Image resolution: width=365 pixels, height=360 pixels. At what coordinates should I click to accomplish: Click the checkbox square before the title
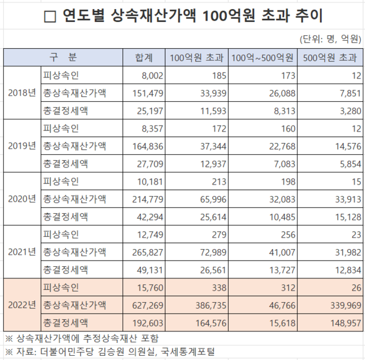tap(51, 17)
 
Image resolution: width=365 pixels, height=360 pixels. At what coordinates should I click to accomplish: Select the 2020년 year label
tap(22, 199)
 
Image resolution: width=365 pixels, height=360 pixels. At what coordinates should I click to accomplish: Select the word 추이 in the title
tap(308, 16)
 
